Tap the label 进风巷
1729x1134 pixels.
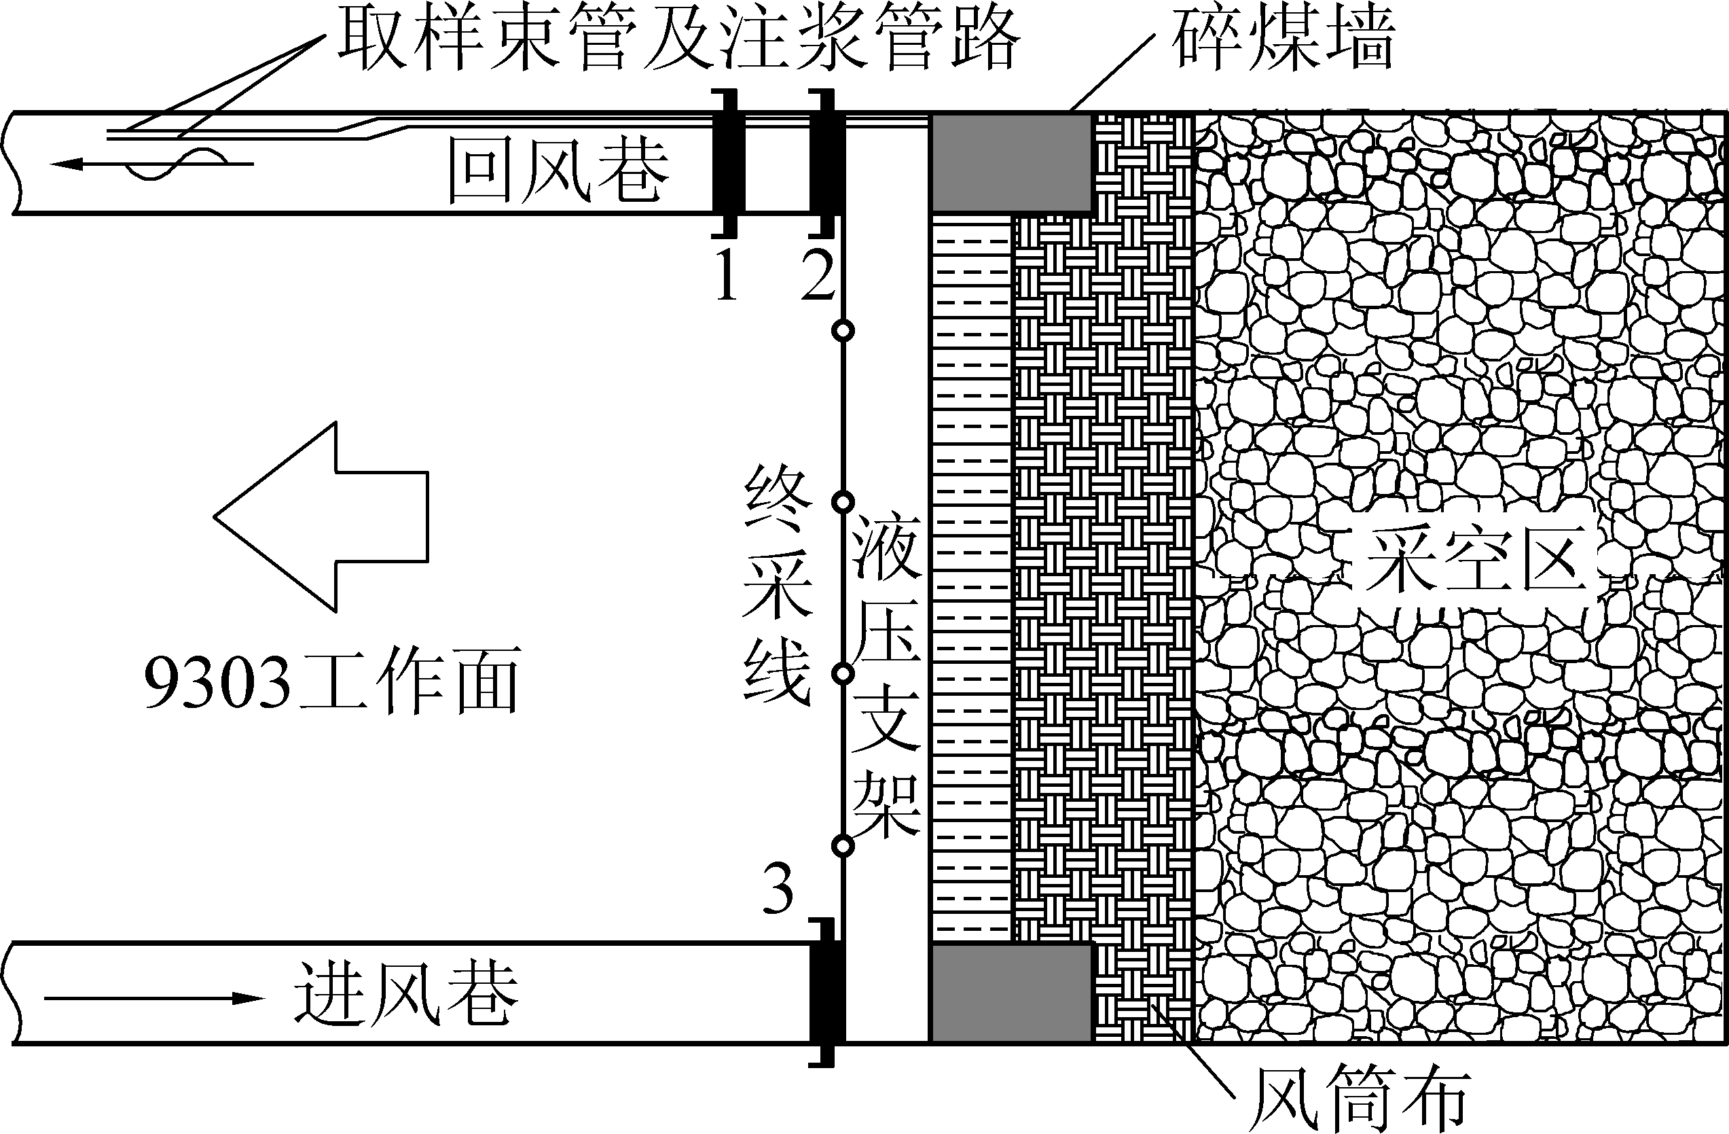coord(405,995)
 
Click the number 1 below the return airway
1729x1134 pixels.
coord(727,274)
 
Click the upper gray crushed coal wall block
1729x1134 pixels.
coord(1011,162)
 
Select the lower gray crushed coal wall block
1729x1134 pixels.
coord(1011,993)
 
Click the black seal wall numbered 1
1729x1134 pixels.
coord(727,163)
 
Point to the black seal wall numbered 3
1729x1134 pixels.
coord(826,993)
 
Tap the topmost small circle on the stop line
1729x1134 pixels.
coord(843,331)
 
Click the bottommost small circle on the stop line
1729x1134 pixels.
coord(843,845)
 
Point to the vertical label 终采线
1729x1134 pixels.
coord(778,585)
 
